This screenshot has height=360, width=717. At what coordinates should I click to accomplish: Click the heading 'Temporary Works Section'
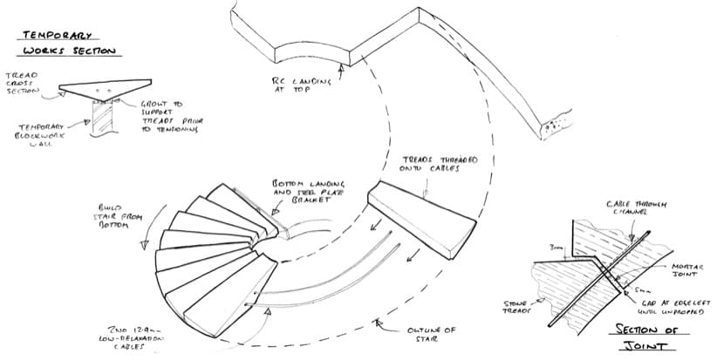coord(69,43)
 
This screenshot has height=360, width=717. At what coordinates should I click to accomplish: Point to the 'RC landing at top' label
coord(302,83)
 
